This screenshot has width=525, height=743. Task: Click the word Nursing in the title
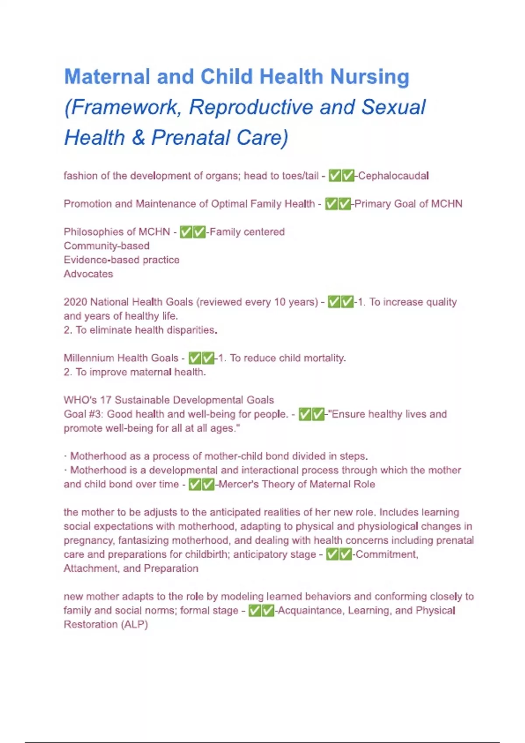tap(370, 77)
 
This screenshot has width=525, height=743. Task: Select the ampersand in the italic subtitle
tap(138, 138)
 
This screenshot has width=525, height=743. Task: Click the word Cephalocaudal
tap(393, 176)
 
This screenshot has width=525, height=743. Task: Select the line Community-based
tap(107, 246)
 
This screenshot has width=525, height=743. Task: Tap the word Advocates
tap(88, 274)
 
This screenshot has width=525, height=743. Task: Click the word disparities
tap(191, 330)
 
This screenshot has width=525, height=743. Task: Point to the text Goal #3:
tap(83, 414)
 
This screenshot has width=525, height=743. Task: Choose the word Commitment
tap(387, 555)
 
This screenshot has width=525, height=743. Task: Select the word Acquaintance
tap(311, 611)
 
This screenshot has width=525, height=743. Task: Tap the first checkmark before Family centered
tap(186, 232)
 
